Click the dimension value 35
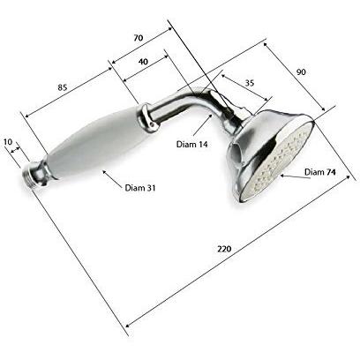click(249, 83)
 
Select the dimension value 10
click(9, 141)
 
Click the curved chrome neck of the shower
click(190, 107)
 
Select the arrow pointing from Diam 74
click(291, 174)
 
